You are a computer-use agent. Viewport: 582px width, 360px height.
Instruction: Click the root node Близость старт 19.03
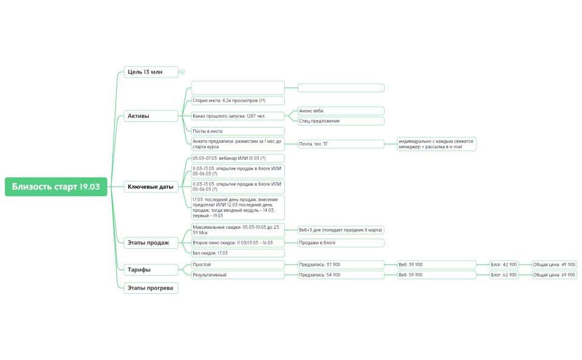(x=56, y=186)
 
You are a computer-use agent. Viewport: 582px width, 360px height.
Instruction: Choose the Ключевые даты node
(x=151, y=187)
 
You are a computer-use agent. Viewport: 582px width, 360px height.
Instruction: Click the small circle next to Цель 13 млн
(x=182, y=72)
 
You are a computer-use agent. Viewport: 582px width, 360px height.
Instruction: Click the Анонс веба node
(x=341, y=111)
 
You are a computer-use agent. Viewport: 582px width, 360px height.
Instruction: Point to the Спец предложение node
(x=341, y=121)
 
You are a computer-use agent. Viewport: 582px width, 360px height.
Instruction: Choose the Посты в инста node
(x=238, y=131)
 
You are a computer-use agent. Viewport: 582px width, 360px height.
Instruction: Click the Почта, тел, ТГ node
(x=341, y=144)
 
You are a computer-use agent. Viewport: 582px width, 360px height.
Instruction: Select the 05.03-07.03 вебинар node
(x=238, y=158)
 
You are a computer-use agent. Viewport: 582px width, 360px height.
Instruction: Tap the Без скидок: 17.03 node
(x=238, y=253)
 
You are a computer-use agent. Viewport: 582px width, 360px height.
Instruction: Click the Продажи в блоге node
(x=341, y=243)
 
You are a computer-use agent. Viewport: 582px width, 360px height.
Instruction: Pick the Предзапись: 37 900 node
(x=341, y=265)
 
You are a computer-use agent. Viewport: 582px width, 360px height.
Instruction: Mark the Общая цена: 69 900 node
(x=553, y=275)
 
